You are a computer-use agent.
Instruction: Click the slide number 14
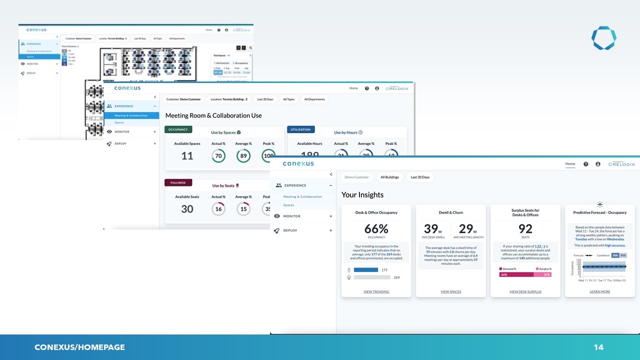point(598,347)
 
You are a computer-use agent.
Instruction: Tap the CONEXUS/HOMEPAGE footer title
point(79,347)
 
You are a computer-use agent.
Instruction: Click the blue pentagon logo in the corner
point(603,38)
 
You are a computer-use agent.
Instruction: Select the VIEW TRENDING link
point(376,291)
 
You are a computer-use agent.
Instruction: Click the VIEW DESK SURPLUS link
point(525,291)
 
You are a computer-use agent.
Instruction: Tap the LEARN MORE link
point(599,291)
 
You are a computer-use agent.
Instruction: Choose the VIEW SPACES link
point(450,291)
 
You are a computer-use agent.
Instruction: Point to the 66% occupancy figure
point(376,229)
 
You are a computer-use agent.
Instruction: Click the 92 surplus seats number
point(525,229)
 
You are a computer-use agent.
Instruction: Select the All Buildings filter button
point(389,177)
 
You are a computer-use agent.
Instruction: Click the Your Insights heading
point(362,194)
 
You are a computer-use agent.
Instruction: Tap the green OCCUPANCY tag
point(178,129)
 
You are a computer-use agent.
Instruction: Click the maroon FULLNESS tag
point(178,182)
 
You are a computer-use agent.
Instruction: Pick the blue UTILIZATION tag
point(300,129)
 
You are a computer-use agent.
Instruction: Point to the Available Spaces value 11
point(187,156)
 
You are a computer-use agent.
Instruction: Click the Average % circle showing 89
point(243,156)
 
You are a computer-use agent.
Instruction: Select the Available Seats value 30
point(187,209)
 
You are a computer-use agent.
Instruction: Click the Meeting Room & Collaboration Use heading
point(213,115)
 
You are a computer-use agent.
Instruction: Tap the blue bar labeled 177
point(366,270)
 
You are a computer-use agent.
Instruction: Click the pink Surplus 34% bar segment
point(542,274)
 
